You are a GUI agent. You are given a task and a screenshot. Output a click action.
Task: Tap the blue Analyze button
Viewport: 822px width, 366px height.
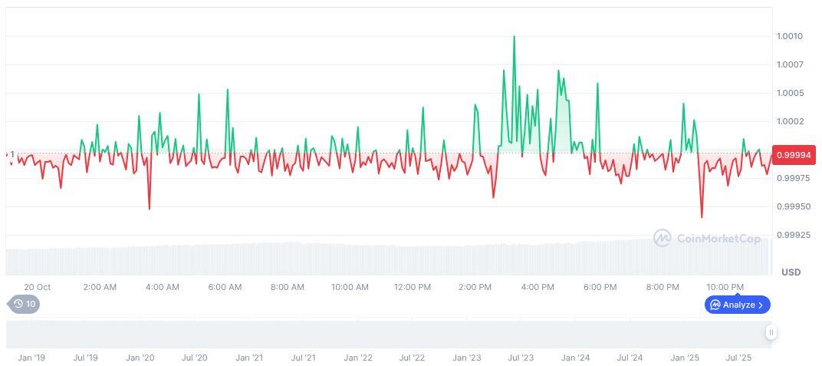click(737, 305)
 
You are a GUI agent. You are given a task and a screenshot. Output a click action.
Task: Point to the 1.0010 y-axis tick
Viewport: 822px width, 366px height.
click(789, 36)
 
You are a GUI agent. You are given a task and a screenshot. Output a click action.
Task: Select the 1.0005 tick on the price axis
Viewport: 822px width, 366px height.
click(789, 93)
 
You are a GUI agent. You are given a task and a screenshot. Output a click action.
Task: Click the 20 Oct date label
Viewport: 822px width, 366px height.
click(37, 287)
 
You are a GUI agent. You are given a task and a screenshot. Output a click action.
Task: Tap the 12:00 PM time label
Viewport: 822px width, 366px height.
click(413, 287)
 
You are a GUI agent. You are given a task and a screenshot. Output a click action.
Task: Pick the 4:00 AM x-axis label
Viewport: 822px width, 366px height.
click(163, 287)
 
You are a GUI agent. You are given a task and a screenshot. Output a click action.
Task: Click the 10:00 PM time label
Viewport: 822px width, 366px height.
click(725, 287)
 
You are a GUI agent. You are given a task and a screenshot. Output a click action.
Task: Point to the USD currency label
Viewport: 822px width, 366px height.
click(791, 272)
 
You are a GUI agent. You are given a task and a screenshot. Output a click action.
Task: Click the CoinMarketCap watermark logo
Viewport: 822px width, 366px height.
click(663, 239)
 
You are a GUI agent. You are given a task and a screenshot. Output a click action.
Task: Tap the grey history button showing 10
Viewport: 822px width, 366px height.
click(25, 304)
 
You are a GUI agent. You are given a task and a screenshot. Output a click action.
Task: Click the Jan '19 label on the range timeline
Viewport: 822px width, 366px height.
click(31, 358)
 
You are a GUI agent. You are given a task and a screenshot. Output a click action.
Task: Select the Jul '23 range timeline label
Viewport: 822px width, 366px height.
click(521, 358)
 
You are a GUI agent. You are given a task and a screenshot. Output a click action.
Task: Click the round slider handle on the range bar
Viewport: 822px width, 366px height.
click(771, 332)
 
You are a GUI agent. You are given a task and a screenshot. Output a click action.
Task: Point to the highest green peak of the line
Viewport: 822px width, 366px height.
click(514, 36)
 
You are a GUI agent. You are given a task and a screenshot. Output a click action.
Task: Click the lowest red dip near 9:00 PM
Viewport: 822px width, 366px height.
click(702, 217)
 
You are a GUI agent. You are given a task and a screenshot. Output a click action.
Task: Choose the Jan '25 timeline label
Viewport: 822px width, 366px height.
click(685, 358)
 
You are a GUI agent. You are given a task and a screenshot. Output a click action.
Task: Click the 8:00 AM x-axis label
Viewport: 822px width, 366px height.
click(288, 287)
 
